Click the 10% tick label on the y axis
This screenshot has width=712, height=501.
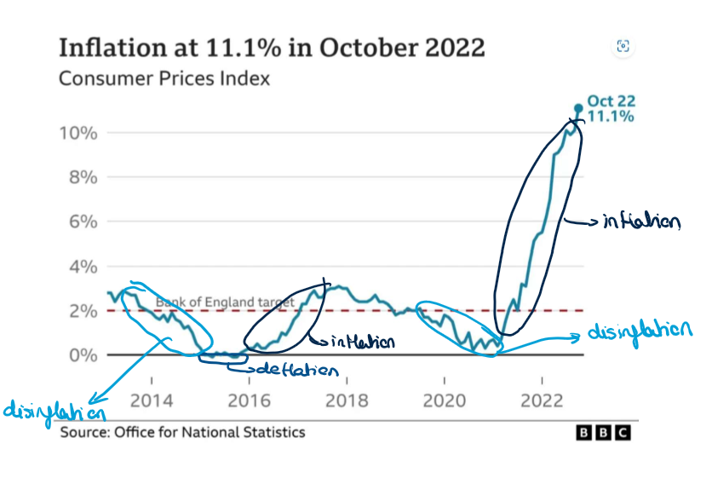click(x=78, y=133)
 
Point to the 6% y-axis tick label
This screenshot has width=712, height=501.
click(x=83, y=222)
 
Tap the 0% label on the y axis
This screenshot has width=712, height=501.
click(x=83, y=354)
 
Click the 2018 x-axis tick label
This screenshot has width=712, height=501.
click(x=346, y=400)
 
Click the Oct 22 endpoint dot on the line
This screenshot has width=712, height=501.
click(x=578, y=108)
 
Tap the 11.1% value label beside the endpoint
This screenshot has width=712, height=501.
click(x=610, y=116)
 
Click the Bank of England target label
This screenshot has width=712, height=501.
click(x=225, y=302)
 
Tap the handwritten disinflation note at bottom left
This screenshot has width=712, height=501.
click(x=55, y=412)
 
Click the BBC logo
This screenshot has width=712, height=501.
click(x=604, y=433)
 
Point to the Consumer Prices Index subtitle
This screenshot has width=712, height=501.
click(x=164, y=78)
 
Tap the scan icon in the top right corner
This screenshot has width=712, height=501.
click(x=623, y=46)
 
